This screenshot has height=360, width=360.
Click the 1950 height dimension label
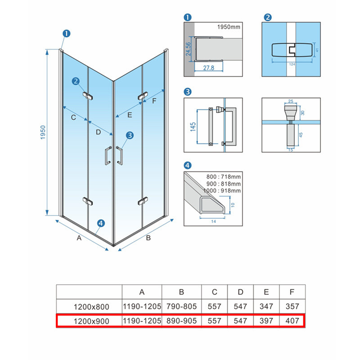pyautogui.click(x=43, y=132)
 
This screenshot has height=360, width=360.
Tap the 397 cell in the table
pyautogui.click(x=266, y=321)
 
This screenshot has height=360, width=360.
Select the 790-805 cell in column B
pyautogui.click(x=182, y=306)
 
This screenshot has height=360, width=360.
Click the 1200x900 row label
pyautogui.click(x=91, y=321)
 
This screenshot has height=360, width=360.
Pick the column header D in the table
pyautogui.click(x=240, y=292)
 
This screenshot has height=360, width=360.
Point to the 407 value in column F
pyautogui.click(x=292, y=321)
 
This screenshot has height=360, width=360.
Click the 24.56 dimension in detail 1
pyautogui.click(x=188, y=49)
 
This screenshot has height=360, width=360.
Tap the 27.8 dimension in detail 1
pyautogui.click(x=208, y=68)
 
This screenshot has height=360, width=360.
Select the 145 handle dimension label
pyautogui.click(x=193, y=127)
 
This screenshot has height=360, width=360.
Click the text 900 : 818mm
pyautogui.click(x=223, y=184)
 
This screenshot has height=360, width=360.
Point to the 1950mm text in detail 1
pyautogui.click(x=229, y=27)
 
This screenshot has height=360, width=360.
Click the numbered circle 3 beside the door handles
pyautogui.click(x=130, y=135)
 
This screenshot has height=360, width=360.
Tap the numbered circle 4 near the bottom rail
pyautogui.click(x=101, y=223)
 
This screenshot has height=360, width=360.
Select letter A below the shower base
pyautogui.click(x=79, y=238)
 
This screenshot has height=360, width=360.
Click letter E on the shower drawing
pyautogui.click(x=130, y=115)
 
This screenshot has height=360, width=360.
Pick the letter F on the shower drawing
pyautogui.click(x=154, y=101)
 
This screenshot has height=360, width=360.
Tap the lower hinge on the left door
pyautogui.click(x=88, y=201)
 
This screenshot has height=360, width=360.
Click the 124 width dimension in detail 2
pyautogui.click(x=292, y=64)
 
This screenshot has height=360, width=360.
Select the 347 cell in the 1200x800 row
pyautogui.click(x=266, y=306)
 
